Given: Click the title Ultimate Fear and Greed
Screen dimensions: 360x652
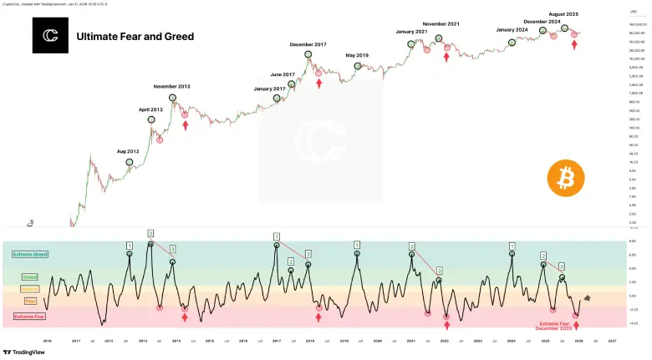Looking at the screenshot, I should [135, 37].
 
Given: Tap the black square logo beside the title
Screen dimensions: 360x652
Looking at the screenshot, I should [50, 36].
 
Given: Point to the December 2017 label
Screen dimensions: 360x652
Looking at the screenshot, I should [309, 43].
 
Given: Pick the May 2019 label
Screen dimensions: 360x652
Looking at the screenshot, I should [358, 55].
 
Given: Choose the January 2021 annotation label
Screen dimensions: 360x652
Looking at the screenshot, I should [411, 32].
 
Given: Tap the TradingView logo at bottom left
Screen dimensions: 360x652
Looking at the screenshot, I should [23, 352].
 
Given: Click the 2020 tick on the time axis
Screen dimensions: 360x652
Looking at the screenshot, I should [378, 341].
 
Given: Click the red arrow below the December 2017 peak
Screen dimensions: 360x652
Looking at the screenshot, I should [318, 84].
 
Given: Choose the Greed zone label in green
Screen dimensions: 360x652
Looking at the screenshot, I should [29, 276].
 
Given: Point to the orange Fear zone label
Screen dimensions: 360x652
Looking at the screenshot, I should [30, 300].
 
